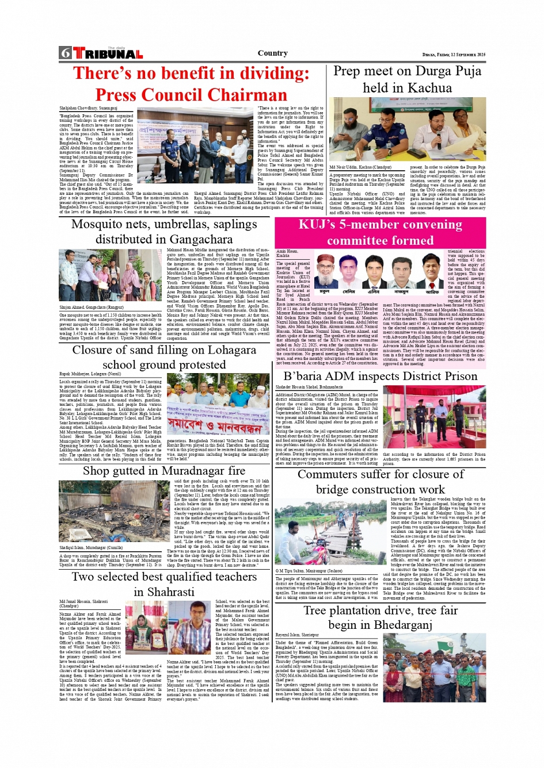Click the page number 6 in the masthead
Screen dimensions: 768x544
[x=64, y=53]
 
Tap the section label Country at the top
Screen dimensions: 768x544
[x=272, y=53]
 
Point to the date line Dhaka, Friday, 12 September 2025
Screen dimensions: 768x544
[x=454, y=55]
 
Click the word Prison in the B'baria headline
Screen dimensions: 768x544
[x=456, y=376]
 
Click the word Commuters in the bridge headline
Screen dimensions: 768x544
[x=334, y=474]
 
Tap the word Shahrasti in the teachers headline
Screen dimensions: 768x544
[x=164, y=592]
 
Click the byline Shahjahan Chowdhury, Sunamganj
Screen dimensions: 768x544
[x=88, y=107]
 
